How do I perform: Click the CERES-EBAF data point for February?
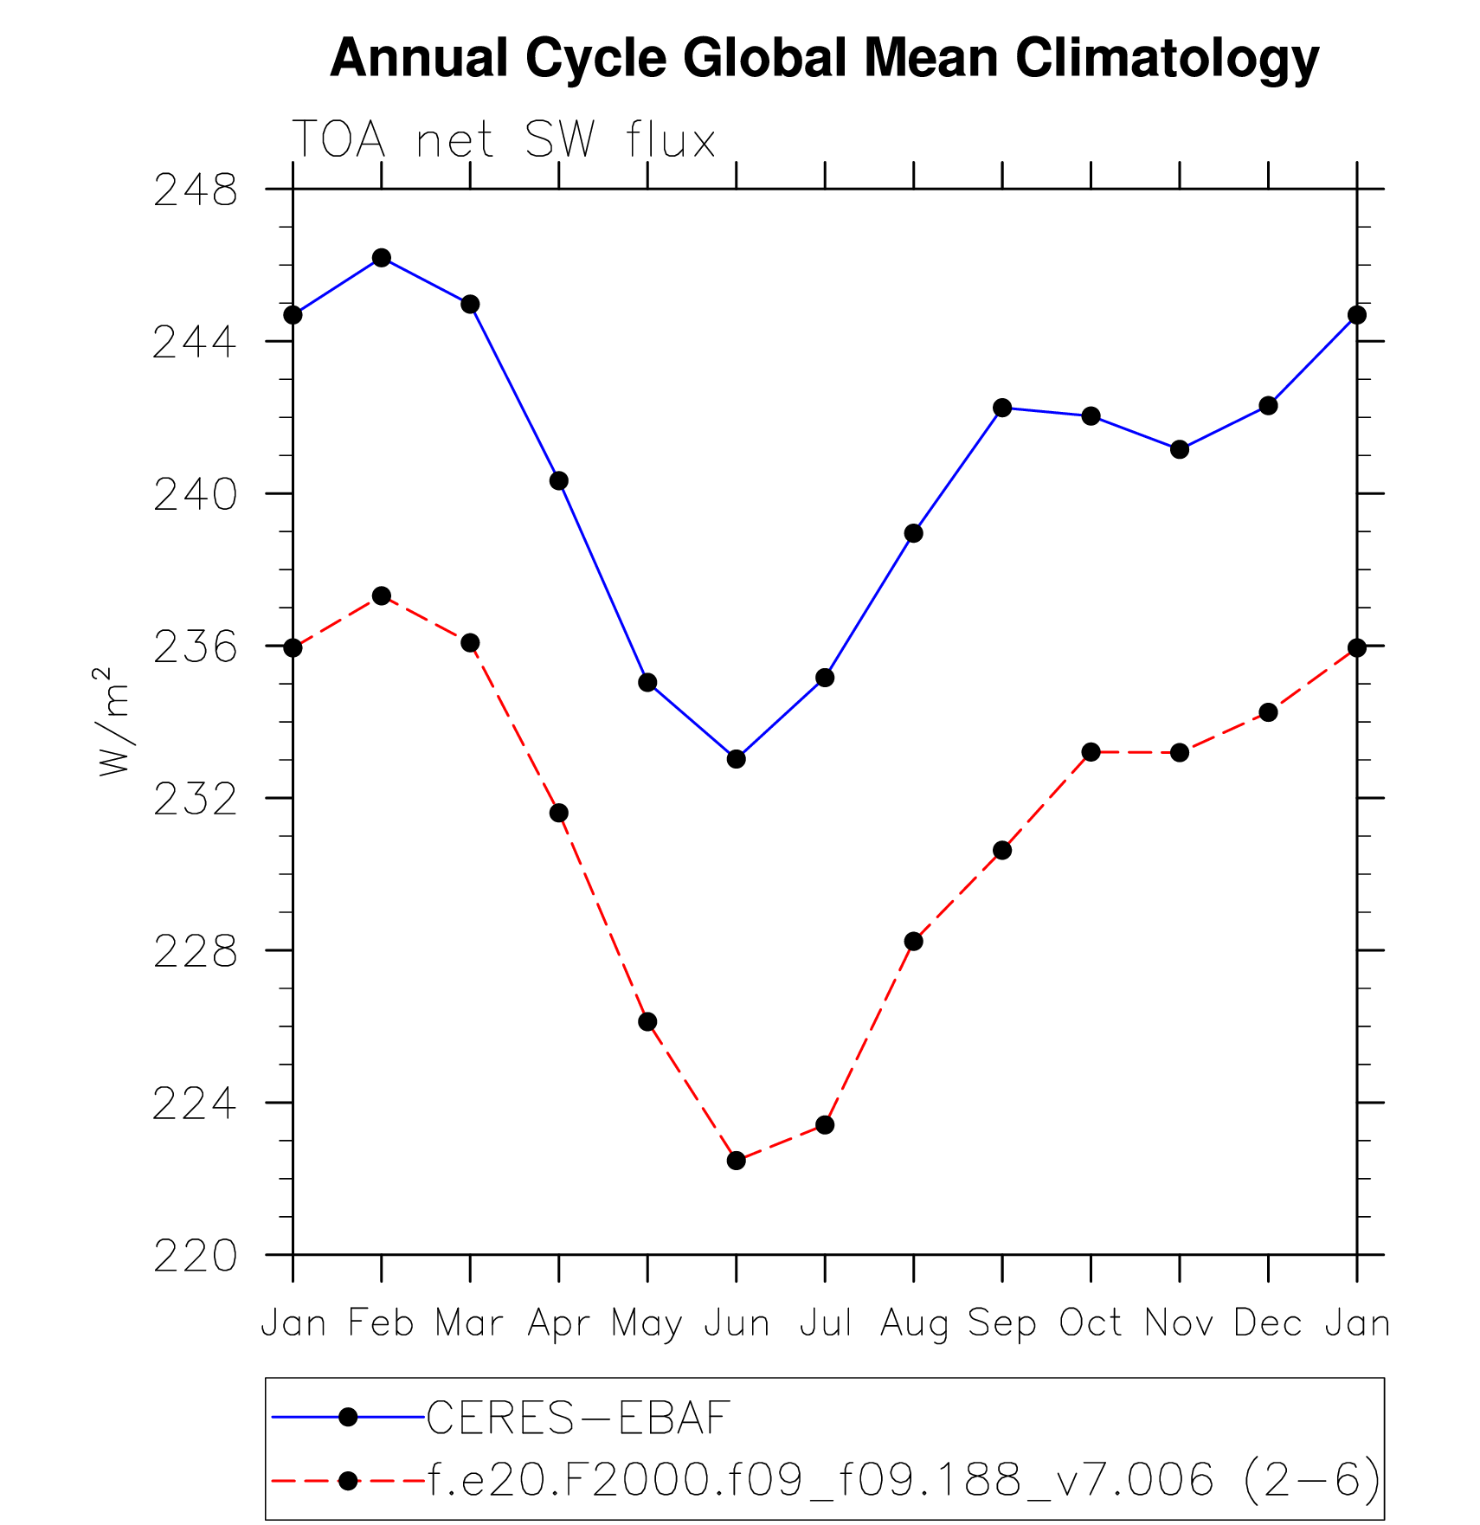(x=382, y=258)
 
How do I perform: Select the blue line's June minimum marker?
(x=737, y=759)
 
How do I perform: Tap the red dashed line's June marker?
(x=737, y=1161)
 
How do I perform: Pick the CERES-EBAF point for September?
(x=1002, y=408)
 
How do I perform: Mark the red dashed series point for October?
(x=1091, y=752)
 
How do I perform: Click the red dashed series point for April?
(x=559, y=813)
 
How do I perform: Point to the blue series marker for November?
(x=1180, y=449)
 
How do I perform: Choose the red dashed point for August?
(x=914, y=942)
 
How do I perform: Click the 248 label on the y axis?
(x=195, y=190)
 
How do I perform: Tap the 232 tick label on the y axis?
(x=195, y=800)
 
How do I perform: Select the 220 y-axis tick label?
(x=195, y=1257)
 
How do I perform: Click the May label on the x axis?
(x=647, y=1323)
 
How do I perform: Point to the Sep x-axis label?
(x=1002, y=1323)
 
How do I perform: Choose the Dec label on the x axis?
(x=1268, y=1323)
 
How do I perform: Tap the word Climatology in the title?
(x=1167, y=59)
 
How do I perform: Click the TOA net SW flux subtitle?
(x=504, y=139)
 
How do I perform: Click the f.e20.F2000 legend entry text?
(x=904, y=1480)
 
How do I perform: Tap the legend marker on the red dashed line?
(x=348, y=1481)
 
